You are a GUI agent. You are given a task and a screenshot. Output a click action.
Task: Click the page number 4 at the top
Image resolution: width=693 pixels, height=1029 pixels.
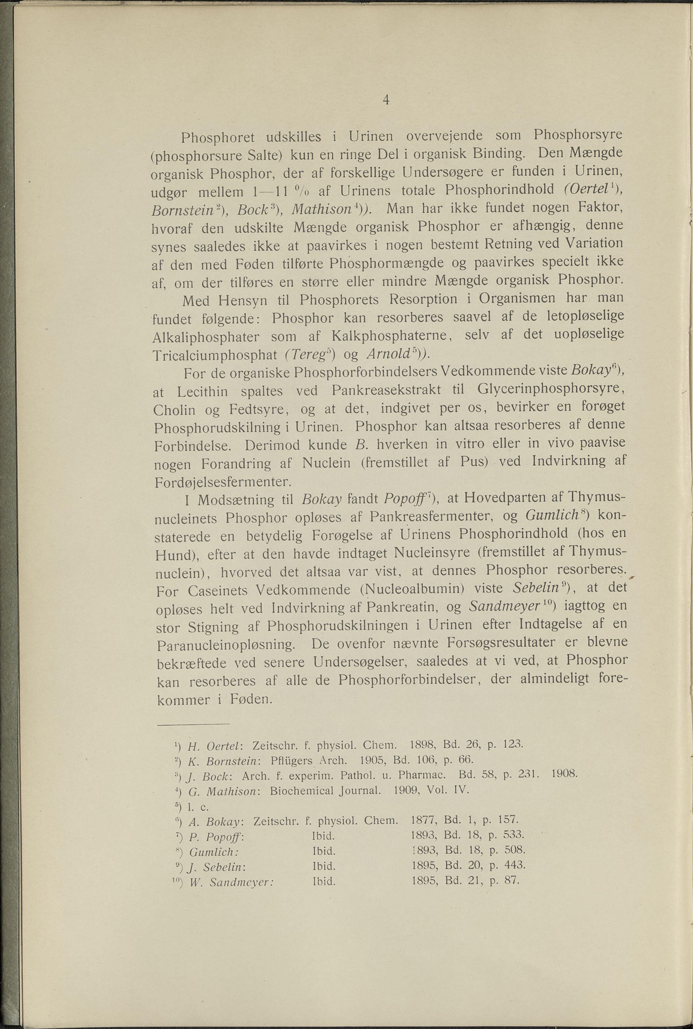[386, 101]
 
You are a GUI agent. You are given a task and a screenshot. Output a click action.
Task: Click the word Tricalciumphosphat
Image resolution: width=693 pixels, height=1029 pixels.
[214, 355]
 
